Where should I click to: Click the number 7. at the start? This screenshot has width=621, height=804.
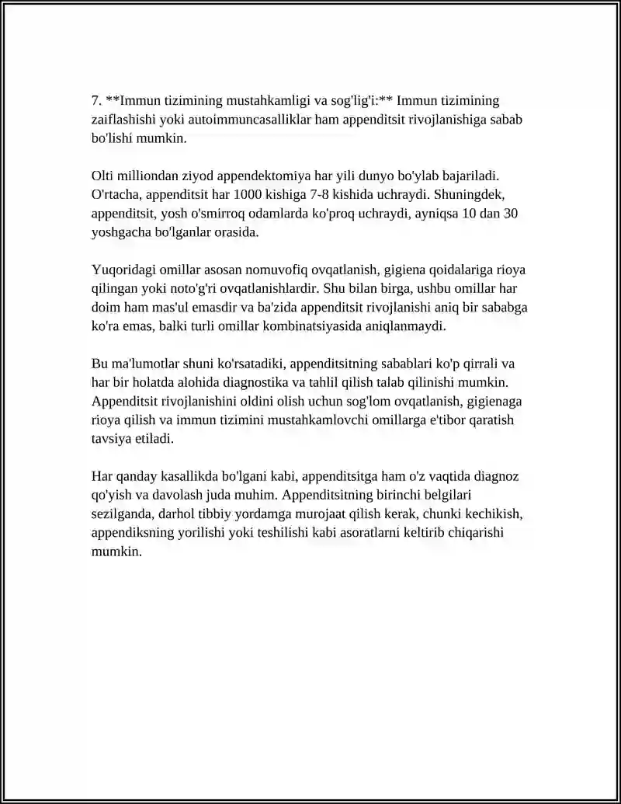pyautogui.click(x=96, y=101)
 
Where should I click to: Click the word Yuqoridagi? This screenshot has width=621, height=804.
pyautogui.click(x=124, y=270)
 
